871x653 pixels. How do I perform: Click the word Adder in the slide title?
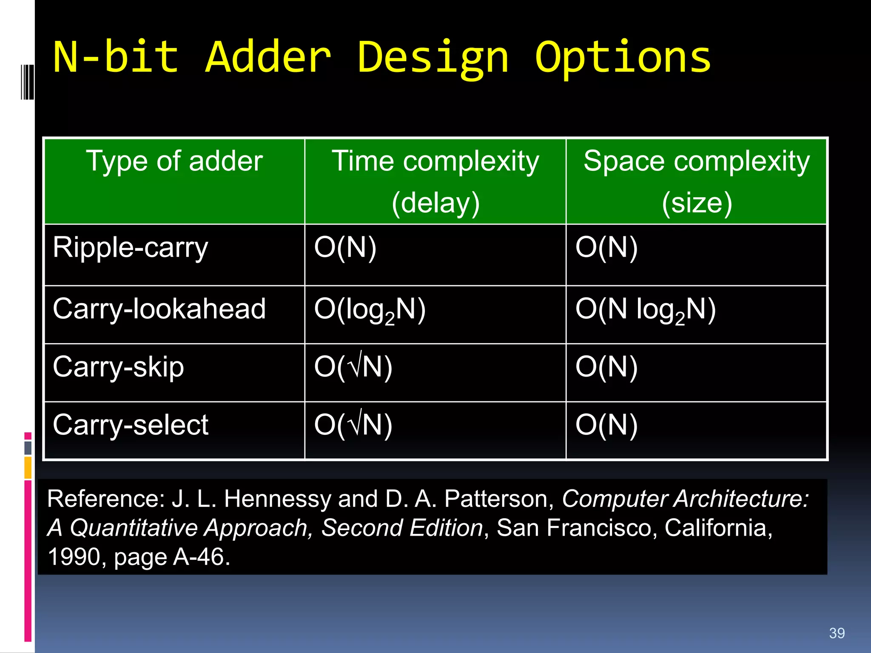[268, 57]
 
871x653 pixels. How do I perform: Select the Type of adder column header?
[174, 162]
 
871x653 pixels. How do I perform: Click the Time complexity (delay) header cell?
[435, 181]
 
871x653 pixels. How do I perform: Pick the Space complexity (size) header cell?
[696, 181]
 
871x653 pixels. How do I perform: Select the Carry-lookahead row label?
[159, 309]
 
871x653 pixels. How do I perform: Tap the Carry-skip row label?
[118, 367]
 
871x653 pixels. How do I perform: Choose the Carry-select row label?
[131, 425]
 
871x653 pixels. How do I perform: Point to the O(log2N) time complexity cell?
[370, 310]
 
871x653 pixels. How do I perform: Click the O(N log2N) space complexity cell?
[645, 310]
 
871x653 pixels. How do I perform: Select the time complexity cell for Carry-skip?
[353, 367]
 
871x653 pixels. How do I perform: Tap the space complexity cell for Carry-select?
[606, 425]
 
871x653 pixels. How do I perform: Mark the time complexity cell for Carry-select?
[353, 425]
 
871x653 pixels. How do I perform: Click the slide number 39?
[837, 633]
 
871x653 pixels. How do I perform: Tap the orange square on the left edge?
[28, 468]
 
